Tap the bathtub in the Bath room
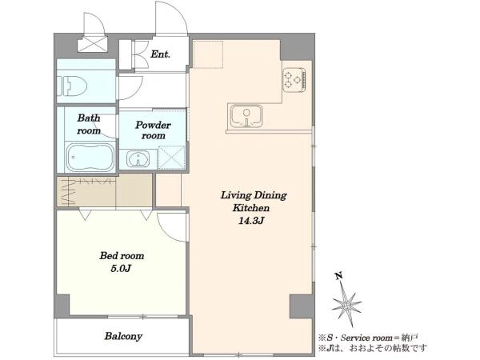coord(90,158)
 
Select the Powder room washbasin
coord(138,159)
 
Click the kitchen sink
coord(246,116)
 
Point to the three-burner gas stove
coord(294,80)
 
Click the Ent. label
coord(161,54)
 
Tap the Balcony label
coord(123,336)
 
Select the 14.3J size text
coord(250,221)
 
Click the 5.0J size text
coord(121,269)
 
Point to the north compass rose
coord(347,304)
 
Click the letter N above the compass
coord(338,276)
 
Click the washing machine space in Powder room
coord(172,158)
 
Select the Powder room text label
coord(153,130)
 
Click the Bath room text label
coord(89,124)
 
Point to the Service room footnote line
coord(368,338)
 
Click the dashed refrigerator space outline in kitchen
coord(209,54)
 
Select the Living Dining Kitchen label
coord(253,202)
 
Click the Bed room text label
coord(122,256)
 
